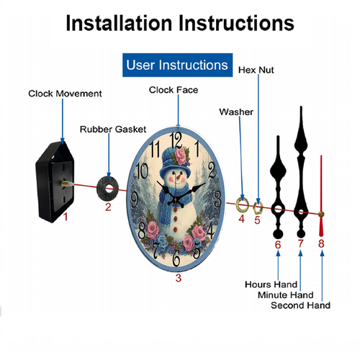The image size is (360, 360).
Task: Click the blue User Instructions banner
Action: (177, 65)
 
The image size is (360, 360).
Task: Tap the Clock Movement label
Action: (65, 94)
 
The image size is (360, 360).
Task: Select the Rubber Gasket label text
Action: (113, 130)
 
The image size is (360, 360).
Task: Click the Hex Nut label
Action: (256, 70)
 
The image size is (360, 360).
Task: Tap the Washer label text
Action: (236, 112)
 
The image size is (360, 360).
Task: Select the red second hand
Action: (321, 196)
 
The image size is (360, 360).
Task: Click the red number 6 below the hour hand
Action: (278, 245)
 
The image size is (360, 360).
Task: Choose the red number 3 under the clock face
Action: (179, 278)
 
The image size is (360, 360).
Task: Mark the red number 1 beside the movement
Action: (66, 217)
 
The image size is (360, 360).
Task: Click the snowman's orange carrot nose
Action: (179, 178)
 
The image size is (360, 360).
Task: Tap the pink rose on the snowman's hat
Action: (181, 156)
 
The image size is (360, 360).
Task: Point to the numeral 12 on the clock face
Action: (176, 140)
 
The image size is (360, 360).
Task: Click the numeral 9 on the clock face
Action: (134, 199)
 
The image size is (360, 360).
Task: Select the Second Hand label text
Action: (300, 305)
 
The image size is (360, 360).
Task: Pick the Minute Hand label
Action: (286, 295)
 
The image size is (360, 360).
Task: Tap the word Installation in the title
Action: (119, 23)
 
